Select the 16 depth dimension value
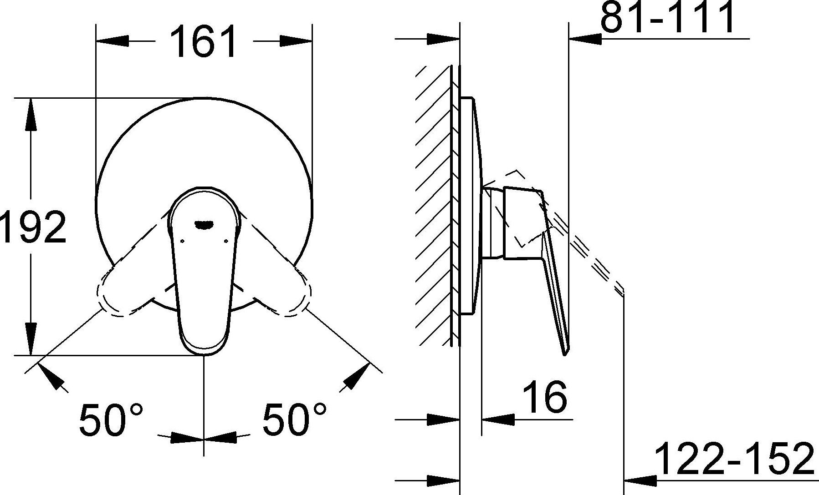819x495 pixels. (544, 397)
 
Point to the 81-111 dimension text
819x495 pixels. (667, 17)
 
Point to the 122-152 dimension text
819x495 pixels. (734, 459)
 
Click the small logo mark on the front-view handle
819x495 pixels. (204, 223)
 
